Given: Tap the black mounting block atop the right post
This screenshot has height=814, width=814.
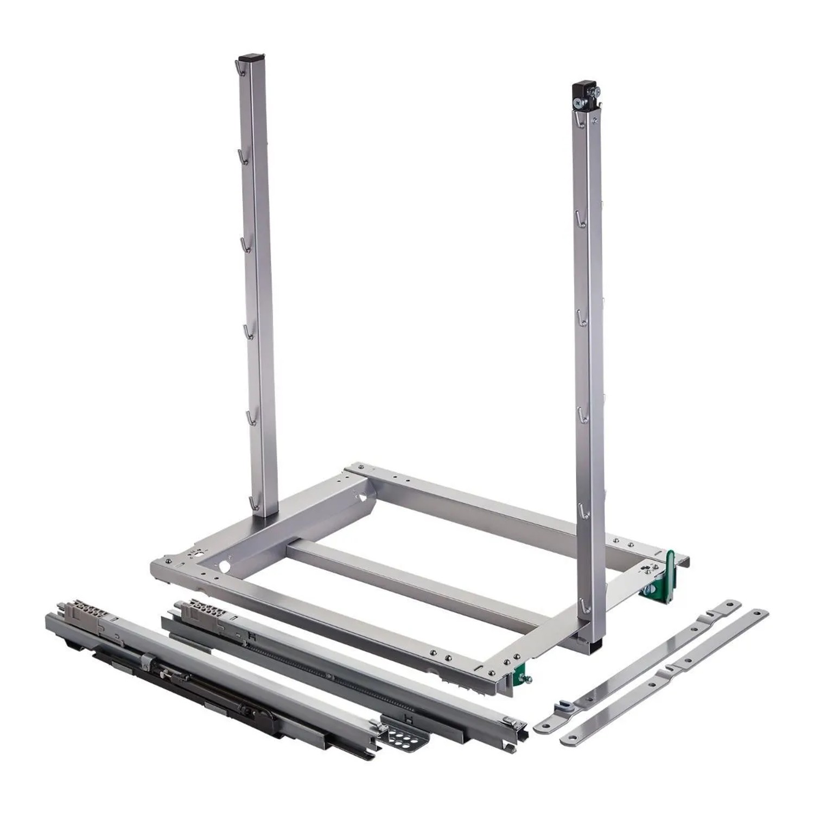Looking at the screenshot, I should [x=583, y=89].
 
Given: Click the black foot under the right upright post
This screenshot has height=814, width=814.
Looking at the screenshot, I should [x=596, y=645].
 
